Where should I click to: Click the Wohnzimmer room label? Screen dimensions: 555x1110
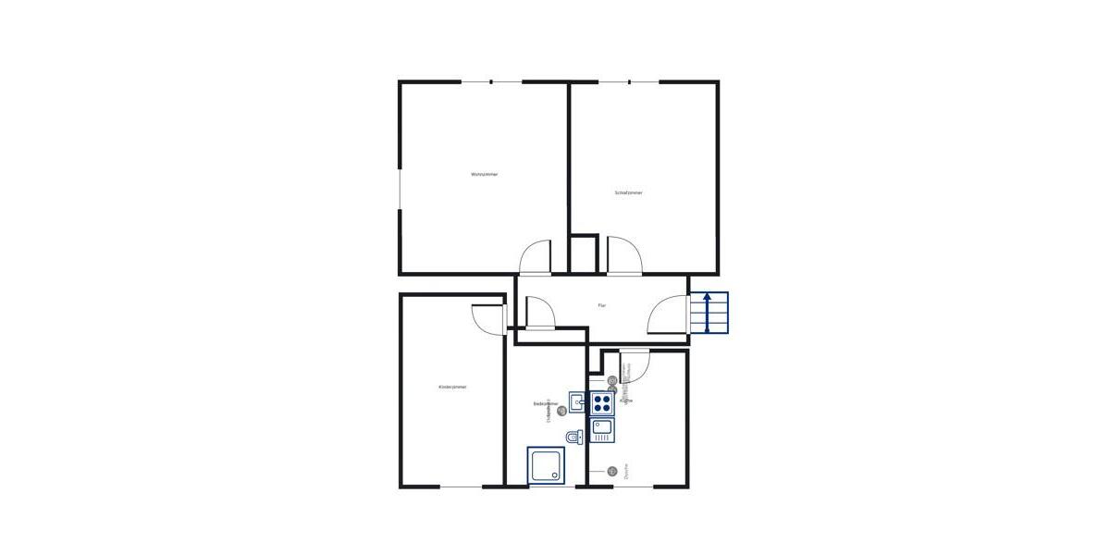484,174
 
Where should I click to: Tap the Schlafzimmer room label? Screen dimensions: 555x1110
628,192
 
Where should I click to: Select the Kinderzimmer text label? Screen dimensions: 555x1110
452,387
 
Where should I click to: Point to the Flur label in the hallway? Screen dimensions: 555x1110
601,305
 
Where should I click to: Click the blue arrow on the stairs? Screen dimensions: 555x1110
708,313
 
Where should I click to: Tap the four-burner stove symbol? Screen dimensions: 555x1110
602,403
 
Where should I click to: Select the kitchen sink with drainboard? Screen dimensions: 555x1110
602,430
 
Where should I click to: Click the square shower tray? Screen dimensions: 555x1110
546,465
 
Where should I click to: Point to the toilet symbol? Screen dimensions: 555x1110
573,437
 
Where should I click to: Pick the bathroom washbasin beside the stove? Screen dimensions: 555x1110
576,402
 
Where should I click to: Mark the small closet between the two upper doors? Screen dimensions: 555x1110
583,254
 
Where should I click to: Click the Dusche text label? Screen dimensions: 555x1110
626,471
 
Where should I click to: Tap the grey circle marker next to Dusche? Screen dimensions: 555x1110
611,471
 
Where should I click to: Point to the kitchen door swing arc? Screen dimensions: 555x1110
636,366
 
